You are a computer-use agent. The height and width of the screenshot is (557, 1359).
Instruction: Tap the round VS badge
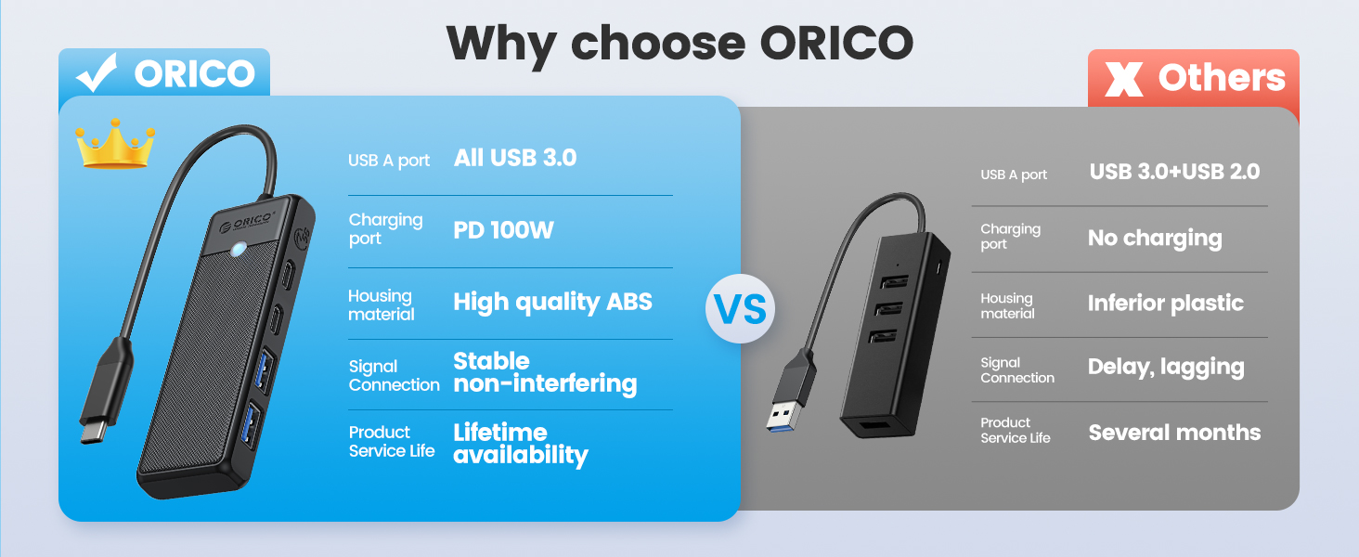click(x=740, y=308)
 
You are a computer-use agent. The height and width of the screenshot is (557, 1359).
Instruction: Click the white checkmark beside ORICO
click(x=97, y=72)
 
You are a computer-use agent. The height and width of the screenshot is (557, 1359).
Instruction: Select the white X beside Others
click(x=1123, y=80)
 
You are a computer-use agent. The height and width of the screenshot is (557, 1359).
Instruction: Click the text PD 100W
click(x=503, y=230)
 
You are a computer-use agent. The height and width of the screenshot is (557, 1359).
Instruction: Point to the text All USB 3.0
click(x=515, y=158)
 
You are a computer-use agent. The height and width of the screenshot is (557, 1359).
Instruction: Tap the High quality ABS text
click(x=552, y=302)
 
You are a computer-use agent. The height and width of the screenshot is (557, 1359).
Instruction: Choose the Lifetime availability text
click(x=521, y=444)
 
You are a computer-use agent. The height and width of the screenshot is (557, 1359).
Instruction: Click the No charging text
click(x=1155, y=239)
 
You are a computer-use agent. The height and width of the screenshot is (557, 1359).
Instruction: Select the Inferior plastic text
click(x=1166, y=304)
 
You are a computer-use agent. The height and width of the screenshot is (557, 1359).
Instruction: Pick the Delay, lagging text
click(x=1166, y=367)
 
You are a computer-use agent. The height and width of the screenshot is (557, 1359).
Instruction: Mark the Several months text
click(x=1174, y=433)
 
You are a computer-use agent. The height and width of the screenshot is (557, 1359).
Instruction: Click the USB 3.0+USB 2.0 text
click(x=1174, y=172)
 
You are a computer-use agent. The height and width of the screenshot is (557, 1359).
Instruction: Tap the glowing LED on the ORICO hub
click(x=239, y=249)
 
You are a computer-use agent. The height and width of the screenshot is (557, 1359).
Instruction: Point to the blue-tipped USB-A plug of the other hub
click(x=789, y=395)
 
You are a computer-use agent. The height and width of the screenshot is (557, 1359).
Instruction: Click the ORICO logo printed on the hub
click(x=247, y=222)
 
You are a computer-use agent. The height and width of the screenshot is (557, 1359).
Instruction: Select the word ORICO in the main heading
click(x=836, y=43)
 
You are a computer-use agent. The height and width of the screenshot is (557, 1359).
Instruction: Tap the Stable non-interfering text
click(x=545, y=372)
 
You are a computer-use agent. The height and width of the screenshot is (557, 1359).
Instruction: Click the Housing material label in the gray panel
click(x=1007, y=305)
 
